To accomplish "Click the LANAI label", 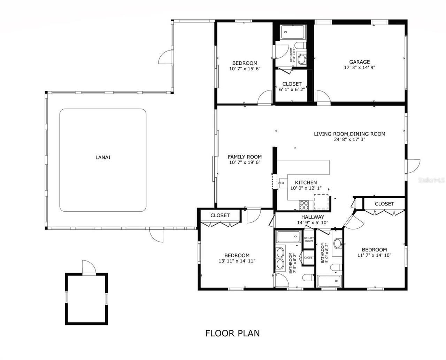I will click(x=103, y=157).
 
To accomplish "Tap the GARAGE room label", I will click(x=359, y=62).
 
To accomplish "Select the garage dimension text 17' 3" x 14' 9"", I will click(x=359, y=68).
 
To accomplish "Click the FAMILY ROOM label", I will click(x=245, y=157).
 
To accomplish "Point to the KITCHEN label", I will click(x=306, y=182).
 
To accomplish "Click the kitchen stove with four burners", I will click(x=304, y=205).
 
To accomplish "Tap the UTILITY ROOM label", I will click(x=309, y=240).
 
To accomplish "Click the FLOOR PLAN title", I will click(x=232, y=333).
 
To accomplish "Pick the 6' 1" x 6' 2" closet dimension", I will click(x=292, y=90).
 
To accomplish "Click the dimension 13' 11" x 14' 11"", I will click(x=237, y=261).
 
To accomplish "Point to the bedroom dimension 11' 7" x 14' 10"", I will click(x=374, y=255).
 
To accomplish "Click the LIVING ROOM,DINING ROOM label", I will click(x=349, y=134).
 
